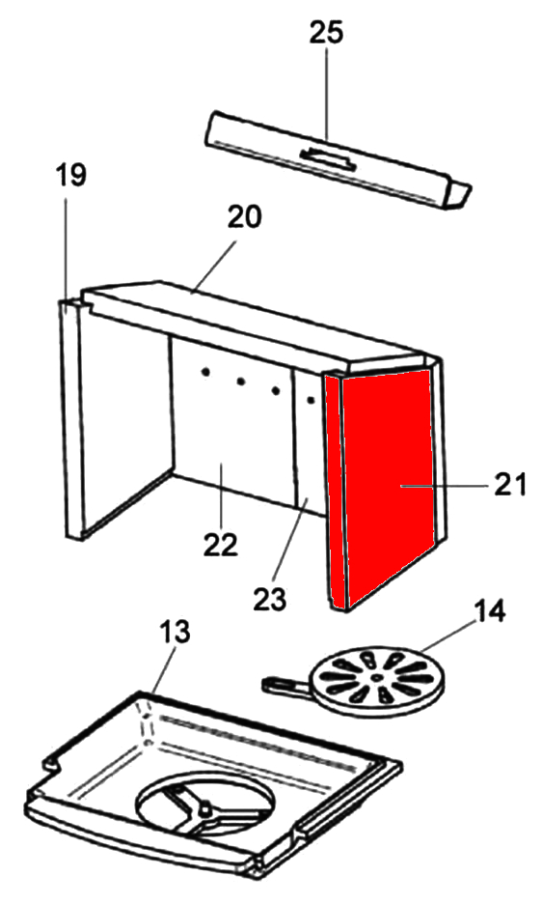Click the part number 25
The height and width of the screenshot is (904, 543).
[x=326, y=33]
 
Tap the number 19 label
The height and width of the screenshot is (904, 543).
[x=70, y=175]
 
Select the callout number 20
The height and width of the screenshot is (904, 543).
[x=244, y=216]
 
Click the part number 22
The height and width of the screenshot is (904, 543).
[x=221, y=545]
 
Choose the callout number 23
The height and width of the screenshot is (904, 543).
[x=269, y=599]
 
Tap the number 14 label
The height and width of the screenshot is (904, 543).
[x=489, y=610]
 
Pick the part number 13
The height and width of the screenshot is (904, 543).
[x=175, y=632]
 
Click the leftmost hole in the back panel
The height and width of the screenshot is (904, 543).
[x=204, y=373]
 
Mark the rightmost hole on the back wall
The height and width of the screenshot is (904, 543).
[x=311, y=399]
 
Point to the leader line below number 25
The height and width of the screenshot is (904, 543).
[x=327, y=93]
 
